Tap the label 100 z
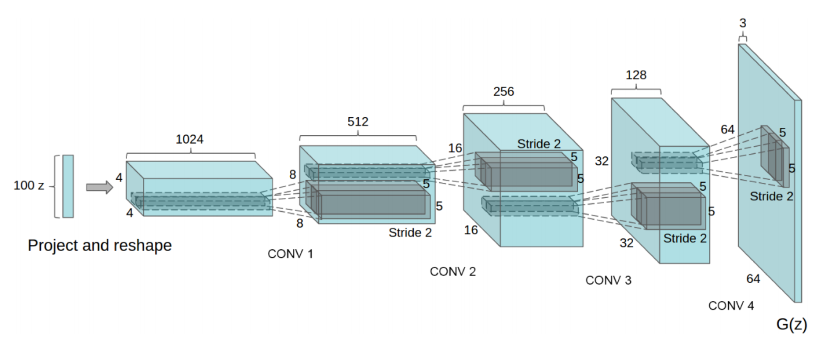29,185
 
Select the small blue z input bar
68,186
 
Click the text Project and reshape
100,245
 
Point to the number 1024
189,139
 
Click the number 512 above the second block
357,121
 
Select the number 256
503,92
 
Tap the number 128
636,75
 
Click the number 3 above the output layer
742,23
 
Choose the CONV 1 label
290,254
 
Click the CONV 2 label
453,271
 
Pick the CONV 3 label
608,280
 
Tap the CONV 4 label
731,305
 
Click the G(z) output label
791,324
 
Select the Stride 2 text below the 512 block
410,233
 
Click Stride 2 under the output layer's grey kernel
771,196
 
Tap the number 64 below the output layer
753,279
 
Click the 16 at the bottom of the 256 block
471,230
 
